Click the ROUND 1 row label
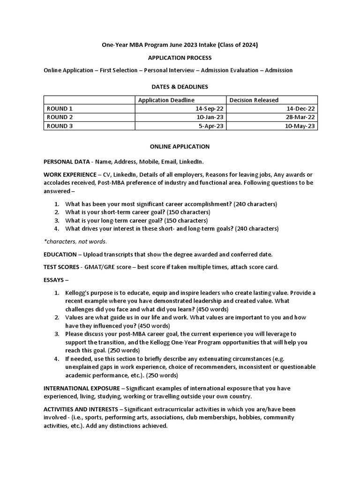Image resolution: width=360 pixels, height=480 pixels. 60,108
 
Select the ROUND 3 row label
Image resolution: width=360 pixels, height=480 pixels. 60,126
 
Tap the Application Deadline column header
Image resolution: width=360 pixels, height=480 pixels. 166,100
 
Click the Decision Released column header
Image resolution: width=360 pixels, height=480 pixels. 254,100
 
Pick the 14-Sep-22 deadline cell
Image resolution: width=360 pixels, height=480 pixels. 210,108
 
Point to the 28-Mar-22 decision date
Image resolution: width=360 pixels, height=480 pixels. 300,117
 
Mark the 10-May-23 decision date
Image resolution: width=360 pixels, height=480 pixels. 300,126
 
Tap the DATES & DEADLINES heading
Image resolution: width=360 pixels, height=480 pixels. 180,87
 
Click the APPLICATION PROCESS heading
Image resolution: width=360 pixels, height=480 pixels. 180,58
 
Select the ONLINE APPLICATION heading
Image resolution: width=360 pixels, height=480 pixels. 180,147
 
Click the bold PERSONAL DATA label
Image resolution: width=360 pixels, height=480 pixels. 66,162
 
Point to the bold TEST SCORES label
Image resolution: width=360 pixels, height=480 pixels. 63,267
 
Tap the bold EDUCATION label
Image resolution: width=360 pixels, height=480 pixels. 60,255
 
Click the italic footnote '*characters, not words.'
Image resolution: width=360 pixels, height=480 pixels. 75,241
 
